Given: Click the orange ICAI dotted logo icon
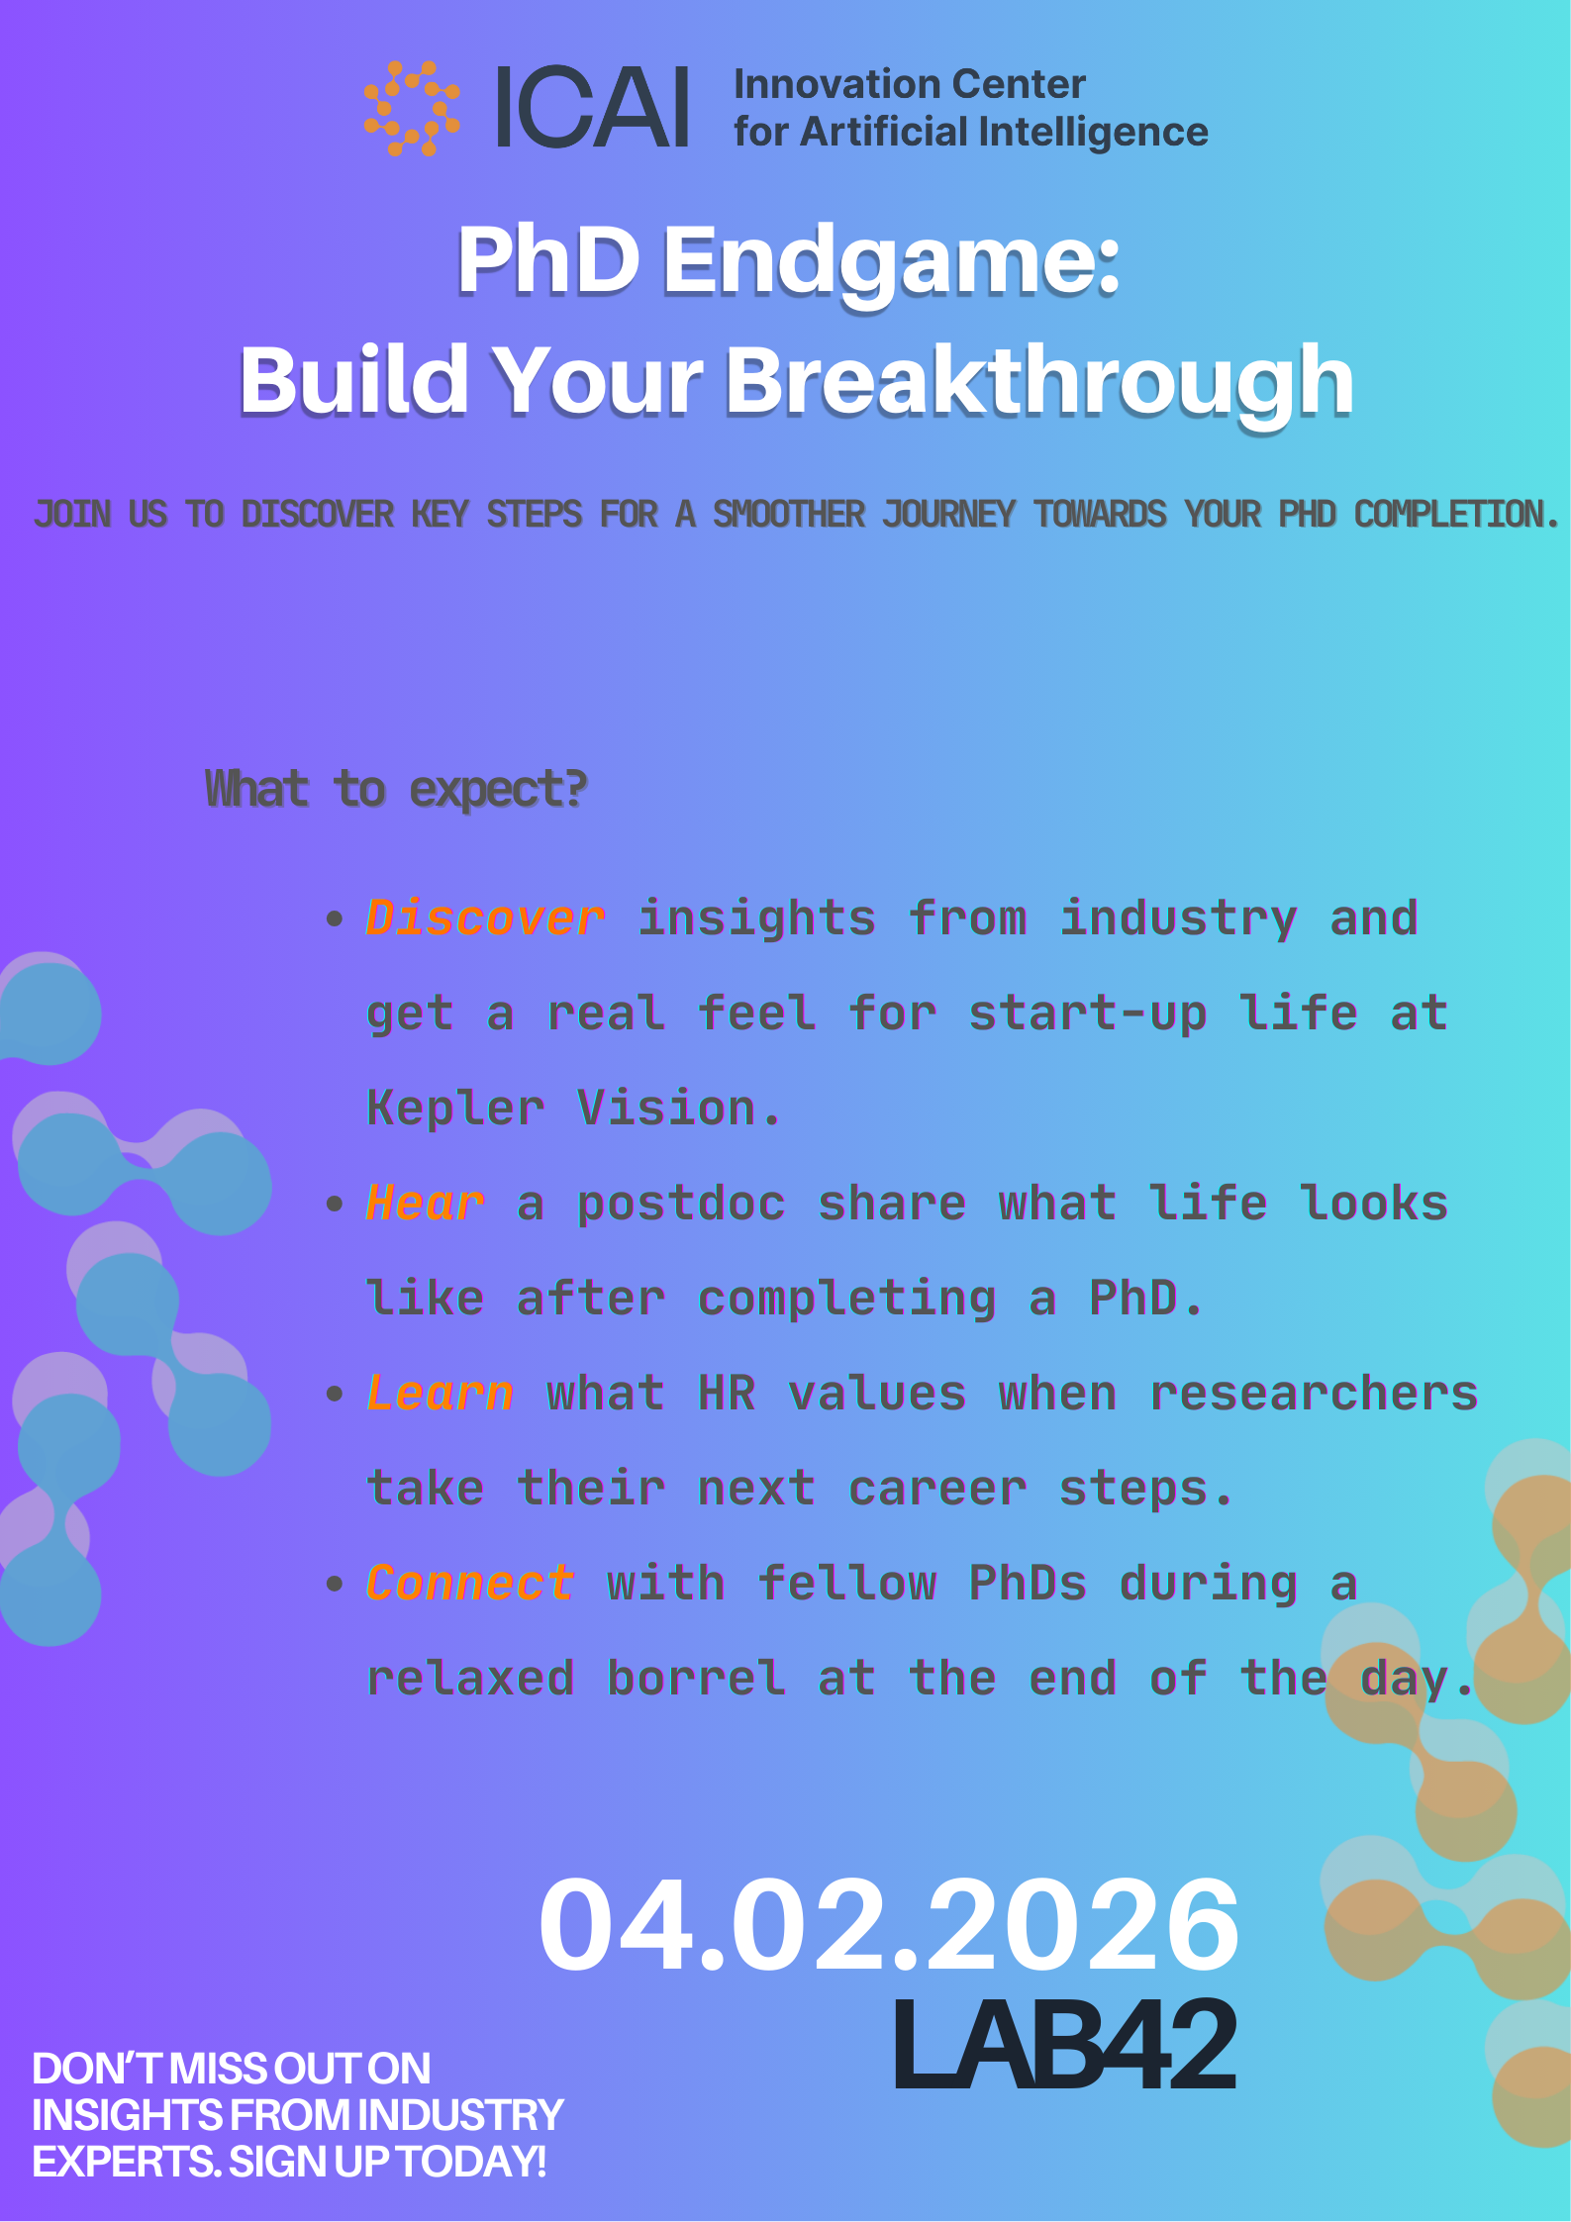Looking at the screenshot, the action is point(412,109).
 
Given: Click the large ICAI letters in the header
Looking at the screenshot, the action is point(592,108).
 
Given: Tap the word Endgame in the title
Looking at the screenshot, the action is point(891,261).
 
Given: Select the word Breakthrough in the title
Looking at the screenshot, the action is point(1039,382).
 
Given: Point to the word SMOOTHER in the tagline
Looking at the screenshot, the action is point(789,515).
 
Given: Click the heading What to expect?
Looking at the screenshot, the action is point(396,790).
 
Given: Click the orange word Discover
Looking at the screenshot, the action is point(485,918).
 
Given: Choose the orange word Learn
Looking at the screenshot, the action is point(441,1393).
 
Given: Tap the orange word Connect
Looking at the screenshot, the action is point(470,1583).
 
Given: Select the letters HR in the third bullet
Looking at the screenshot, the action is point(728,1393).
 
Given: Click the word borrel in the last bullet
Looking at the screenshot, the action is point(697,1678).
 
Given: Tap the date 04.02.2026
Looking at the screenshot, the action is point(889,1924).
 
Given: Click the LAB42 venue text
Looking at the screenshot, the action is point(1065,2045).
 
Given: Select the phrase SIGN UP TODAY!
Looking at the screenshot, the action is point(388,2163).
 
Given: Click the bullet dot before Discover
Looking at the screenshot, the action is point(335,918).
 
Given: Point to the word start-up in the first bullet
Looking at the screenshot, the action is point(1088,1014).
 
